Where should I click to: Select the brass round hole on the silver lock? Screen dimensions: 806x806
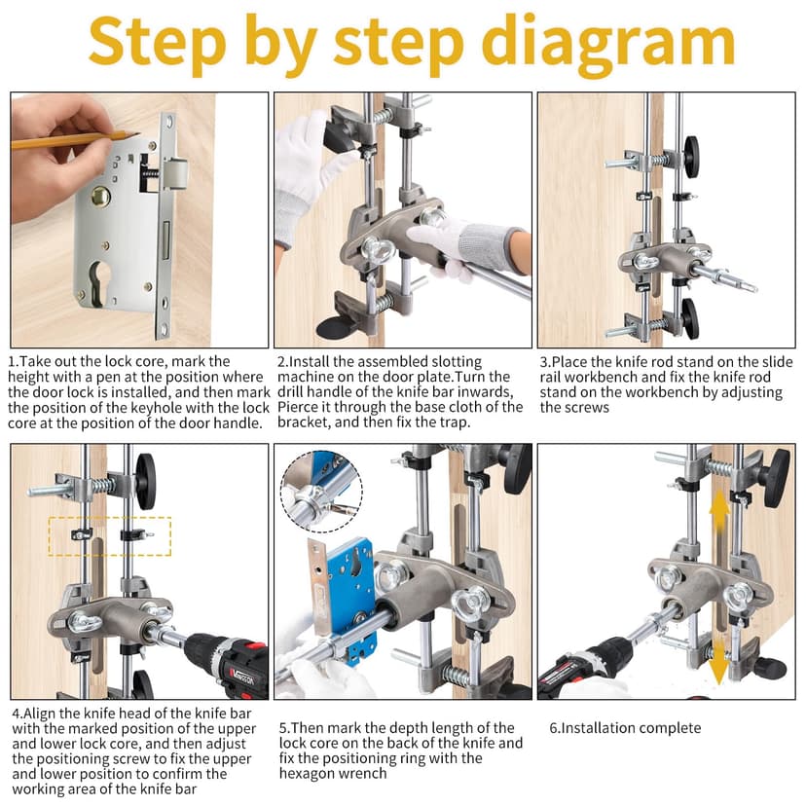[101, 196]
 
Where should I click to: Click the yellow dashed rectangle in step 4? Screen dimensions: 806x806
[109, 535]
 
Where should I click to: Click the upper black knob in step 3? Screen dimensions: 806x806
[691, 156]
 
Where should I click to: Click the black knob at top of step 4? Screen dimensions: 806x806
[145, 481]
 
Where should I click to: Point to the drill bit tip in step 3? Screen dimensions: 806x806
[747, 286]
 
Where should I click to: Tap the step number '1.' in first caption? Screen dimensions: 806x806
[14, 361]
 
